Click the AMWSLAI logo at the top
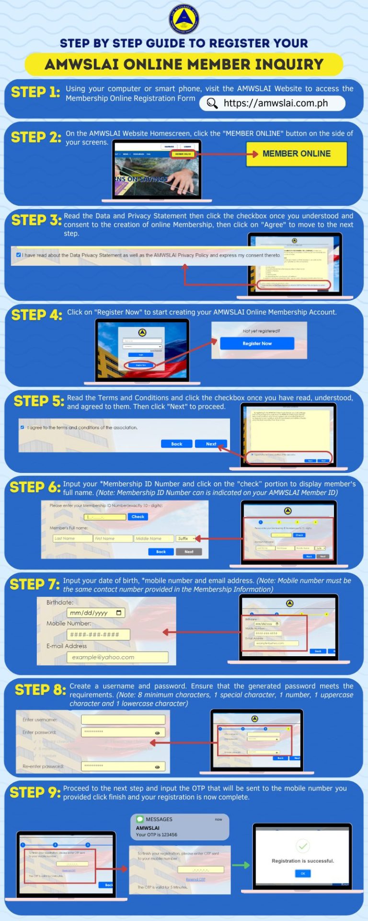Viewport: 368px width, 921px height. point(184,19)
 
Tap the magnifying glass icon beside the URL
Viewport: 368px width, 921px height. point(212,103)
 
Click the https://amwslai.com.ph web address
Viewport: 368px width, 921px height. point(276,103)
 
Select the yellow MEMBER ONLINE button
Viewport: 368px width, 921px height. point(296,154)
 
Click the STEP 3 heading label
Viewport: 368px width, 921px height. point(36,220)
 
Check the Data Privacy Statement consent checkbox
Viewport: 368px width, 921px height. point(19,255)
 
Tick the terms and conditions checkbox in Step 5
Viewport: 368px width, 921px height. point(22,427)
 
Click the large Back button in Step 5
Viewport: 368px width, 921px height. point(176,444)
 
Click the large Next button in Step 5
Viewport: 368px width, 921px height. point(211,444)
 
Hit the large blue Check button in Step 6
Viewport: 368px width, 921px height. point(138,517)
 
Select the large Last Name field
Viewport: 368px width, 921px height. point(72,539)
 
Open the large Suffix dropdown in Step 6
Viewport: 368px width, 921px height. point(186,539)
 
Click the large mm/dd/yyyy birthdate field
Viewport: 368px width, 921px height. point(96,613)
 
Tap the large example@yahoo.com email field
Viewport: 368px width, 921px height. point(117,657)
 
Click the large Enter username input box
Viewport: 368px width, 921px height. point(123,720)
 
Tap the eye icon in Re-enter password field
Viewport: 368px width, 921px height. point(157,767)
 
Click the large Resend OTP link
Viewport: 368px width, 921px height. point(195,879)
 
